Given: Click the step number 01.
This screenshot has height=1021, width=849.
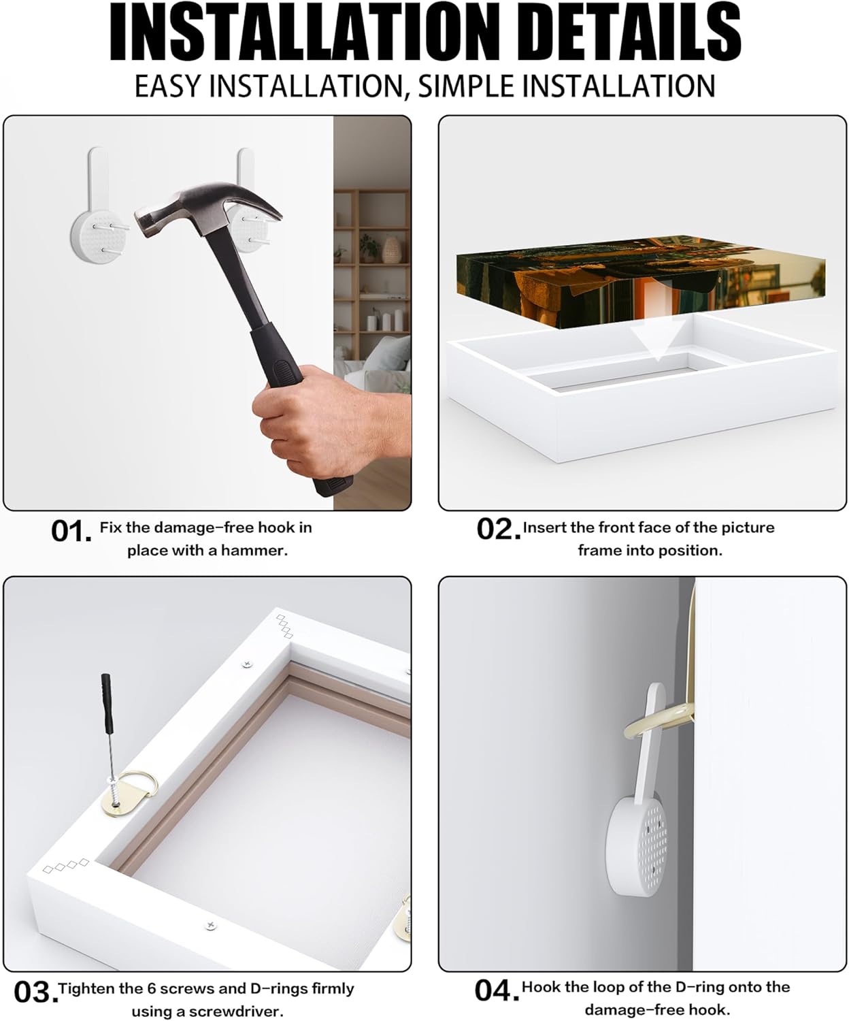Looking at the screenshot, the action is (x=71, y=531).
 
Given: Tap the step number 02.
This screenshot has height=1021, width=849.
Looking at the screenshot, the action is (x=499, y=530).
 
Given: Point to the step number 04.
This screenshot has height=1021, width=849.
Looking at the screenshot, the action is (x=497, y=990).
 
